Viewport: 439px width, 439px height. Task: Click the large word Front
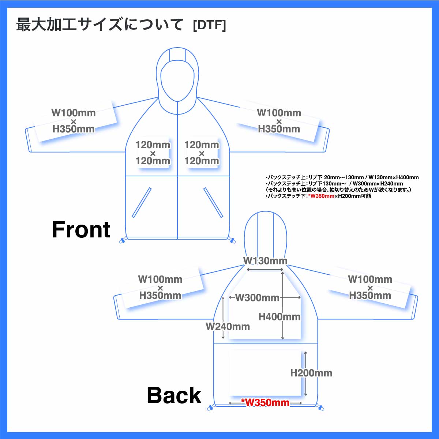pyautogui.click(x=81, y=230)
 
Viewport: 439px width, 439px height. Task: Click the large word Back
pyautogui.click(x=174, y=395)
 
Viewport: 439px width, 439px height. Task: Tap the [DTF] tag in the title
pyautogui.click(x=209, y=25)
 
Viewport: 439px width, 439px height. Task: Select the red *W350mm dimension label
pyautogui.click(x=265, y=403)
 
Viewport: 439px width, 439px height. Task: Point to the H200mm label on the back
pyautogui.click(x=311, y=373)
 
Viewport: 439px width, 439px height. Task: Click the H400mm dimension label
pyautogui.click(x=279, y=317)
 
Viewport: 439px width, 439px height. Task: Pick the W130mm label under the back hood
pyautogui.click(x=265, y=261)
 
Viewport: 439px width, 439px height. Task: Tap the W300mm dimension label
pyautogui.click(x=257, y=298)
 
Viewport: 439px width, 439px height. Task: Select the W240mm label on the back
pyautogui.click(x=228, y=326)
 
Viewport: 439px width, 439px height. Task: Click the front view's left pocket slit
pyautogui.click(x=142, y=203)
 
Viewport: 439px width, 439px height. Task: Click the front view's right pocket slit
pyautogui.click(x=213, y=203)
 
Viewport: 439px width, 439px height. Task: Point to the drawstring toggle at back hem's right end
pyautogui.click(x=321, y=407)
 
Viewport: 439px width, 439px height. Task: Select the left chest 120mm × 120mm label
pyautogui.click(x=153, y=153)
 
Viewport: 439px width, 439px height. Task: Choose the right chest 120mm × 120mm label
pyautogui.click(x=202, y=153)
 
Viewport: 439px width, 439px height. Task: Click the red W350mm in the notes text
pyautogui.click(x=321, y=196)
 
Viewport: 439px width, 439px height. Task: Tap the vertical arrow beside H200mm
pyautogui.click(x=305, y=373)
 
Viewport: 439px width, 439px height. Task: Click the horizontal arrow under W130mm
pyautogui.click(x=265, y=270)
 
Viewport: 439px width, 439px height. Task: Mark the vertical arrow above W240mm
pyautogui.click(x=223, y=309)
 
